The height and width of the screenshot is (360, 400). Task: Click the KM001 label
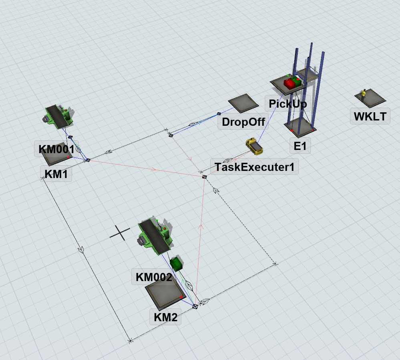tap(56, 149)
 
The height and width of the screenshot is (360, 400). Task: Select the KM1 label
tap(56, 174)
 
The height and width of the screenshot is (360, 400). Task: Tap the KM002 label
tap(154, 277)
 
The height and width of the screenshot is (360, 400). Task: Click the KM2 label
tap(165, 317)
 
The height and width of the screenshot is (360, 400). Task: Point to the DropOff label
tap(243, 122)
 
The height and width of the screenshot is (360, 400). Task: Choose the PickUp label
tap(288, 104)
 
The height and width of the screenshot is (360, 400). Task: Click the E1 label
tap(300, 146)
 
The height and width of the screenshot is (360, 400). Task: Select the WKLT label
tap(370, 116)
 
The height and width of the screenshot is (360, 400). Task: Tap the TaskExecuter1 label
tap(255, 167)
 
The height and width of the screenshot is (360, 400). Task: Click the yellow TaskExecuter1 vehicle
tap(254, 146)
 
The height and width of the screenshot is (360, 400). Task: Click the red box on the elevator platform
tap(289, 83)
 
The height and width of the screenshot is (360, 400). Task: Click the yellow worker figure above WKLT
tap(363, 94)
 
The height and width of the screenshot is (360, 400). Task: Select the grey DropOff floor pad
tap(243, 103)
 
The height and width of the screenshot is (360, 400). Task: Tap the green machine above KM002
tap(155, 236)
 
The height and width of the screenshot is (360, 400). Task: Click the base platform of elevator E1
tap(300, 126)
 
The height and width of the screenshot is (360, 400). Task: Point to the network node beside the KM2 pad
tap(195, 306)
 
